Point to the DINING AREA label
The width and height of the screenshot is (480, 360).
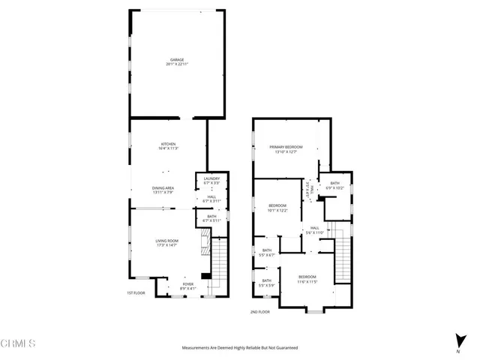coord(163,188)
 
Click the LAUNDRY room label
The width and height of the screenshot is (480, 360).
coord(211,178)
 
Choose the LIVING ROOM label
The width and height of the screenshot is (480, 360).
coord(166,240)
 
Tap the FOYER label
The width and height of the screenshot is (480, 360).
coord(188,283)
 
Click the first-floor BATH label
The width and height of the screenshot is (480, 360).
coord(211,216)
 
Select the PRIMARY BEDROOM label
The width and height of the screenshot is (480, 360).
coord(286,146)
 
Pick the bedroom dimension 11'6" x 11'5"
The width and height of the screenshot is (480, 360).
coord(308,282)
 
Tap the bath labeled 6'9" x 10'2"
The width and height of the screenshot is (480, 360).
coord(334,187)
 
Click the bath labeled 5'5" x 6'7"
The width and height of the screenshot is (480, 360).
coord(267,255)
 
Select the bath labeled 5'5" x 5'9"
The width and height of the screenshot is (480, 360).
coord(267,285)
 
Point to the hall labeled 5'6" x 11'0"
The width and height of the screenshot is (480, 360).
coord(315,232)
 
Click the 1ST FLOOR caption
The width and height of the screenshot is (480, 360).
coord(135,293)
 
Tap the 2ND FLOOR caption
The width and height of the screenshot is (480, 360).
coord(260,311)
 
